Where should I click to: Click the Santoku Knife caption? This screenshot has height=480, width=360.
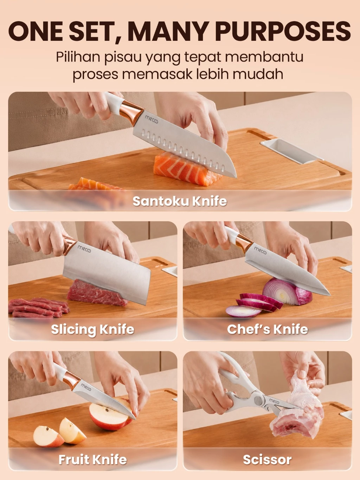tap(180, 201)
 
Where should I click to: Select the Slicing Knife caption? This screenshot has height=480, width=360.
tap(93, 329)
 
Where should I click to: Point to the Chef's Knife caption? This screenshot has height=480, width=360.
tap(268, 329)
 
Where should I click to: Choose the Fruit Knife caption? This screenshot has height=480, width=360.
tap(93, 460)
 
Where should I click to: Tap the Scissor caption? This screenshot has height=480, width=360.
tap(267, 460)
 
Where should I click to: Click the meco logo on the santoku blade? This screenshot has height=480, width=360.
tap(151, 120)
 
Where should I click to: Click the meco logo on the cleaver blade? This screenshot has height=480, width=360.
tap(84, 249)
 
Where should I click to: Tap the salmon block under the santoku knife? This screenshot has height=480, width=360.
tap(186, 169)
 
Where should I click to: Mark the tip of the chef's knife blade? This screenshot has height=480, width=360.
tap(330, 295)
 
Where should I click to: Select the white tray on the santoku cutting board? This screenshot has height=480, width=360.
tap(291, 151)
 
